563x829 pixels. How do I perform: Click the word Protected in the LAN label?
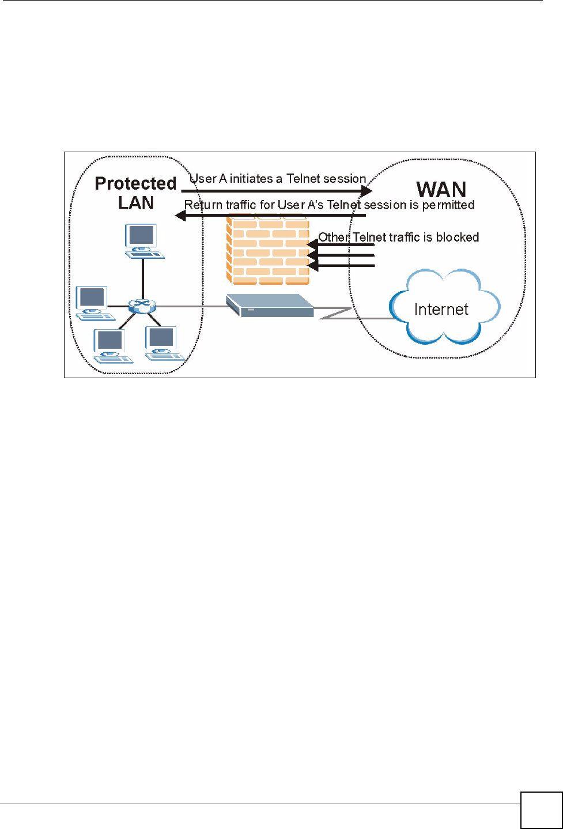[135, 183]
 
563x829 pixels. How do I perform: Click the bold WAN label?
[441, 190]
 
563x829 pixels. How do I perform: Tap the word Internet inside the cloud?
[441, 310]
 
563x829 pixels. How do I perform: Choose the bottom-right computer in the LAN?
[163, 343]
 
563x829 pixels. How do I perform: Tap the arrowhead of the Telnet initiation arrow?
[368, 191]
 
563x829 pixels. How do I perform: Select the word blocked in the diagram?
[458, 237]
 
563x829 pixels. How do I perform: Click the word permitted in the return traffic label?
[448, 205]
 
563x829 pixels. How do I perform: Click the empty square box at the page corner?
[541, 810]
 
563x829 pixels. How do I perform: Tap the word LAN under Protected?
[136, 203]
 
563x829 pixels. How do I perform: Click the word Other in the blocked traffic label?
[334, 237]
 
